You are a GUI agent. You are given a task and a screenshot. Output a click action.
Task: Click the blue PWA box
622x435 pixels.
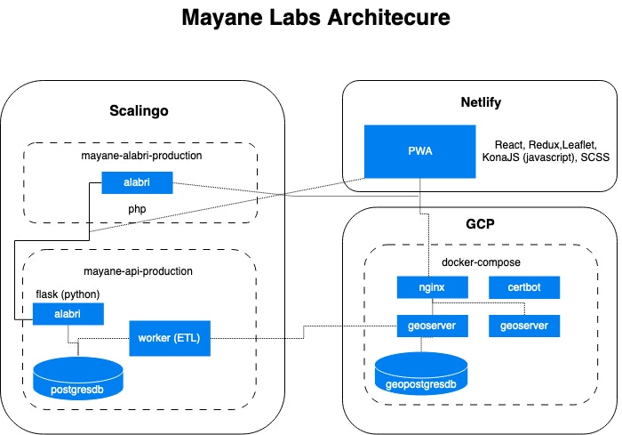click(x=419, y=150)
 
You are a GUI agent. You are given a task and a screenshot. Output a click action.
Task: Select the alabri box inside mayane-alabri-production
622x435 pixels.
click(x=136, y=183)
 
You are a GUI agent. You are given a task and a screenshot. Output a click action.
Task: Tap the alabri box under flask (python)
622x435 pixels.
click(x=68, y=313)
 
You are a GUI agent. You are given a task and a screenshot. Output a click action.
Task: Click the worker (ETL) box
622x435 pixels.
click(x=170, y=338)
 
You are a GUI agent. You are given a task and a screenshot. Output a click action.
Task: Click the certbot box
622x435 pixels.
click(x=524, y=288)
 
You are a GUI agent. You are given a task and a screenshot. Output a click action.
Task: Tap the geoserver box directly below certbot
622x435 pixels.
click(x=524, y=326)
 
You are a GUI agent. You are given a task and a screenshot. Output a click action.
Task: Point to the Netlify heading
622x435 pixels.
click(x=481, y=102)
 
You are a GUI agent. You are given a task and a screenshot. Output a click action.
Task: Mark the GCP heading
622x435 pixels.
click(x=479, y=226)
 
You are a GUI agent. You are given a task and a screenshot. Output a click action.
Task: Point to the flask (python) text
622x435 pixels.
click(x=68, y=293)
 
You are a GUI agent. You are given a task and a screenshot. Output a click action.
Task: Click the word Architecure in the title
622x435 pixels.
click(x=380, y=18)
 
